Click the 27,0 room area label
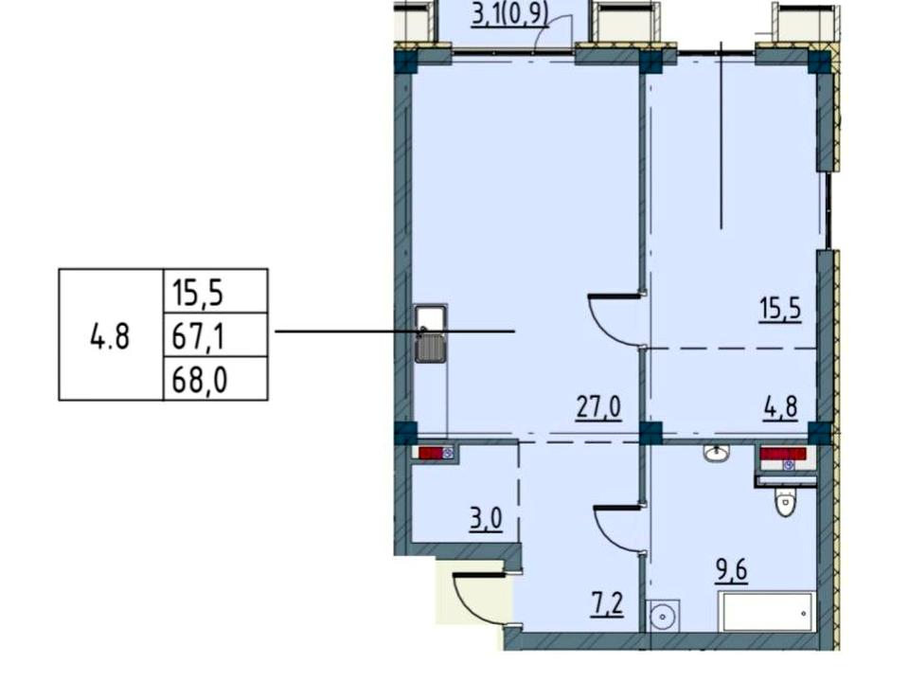pyautogui.click(x=598, y=407)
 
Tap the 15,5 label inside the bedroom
pyautogui.click(x=780, y=309)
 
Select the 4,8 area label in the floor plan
pyautogui.click(x=781, y=407)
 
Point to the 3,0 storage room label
pyautogui.click(x=486, y=519)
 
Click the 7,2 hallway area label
pyautogui.click(x=608, y=604)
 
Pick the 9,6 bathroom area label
pyautogui.click(x=732, y=570)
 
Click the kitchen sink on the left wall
pyautogui.click(x=431, y=334)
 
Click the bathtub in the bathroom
pyautogui.click(x=766, y=612)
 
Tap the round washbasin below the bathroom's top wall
pyautogui.click(x=717, y=453)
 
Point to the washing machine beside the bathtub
pyautogui.click(x=663, y=616)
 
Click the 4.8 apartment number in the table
pyautogui.click(x=110, y=336)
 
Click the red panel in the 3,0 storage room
pyautogui.click(x=431, y=453)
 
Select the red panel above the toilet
pyautogui.click(x=783, y=454)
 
